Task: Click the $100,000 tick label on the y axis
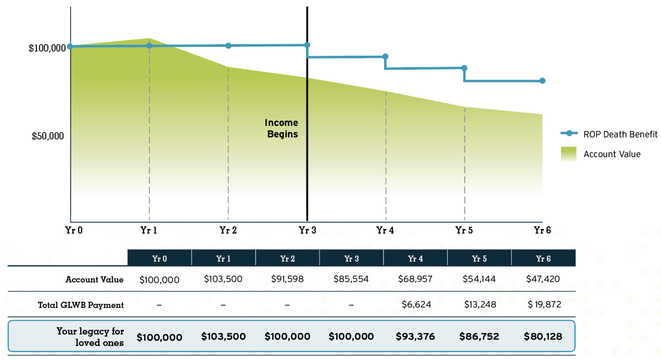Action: (47, 48)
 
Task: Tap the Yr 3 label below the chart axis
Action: (307, 230)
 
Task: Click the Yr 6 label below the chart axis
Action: (542, 230)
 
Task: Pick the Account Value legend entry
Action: (612, 154)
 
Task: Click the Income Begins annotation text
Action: (282, 128)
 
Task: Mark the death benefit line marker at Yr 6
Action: (542, 81)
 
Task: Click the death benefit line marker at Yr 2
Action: (228, 46)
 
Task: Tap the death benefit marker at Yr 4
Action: (386, 57)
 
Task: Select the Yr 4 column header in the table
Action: (415, 258)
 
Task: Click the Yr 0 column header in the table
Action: (159, 258)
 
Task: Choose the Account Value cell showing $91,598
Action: (287, 279)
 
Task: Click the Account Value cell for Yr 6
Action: (543, 279)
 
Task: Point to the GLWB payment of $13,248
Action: (479, 305)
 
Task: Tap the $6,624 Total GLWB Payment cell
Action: (416, 305)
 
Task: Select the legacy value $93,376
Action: (415, 337)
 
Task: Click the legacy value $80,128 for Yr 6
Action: (543, 337)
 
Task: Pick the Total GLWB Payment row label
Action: (81, 305)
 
